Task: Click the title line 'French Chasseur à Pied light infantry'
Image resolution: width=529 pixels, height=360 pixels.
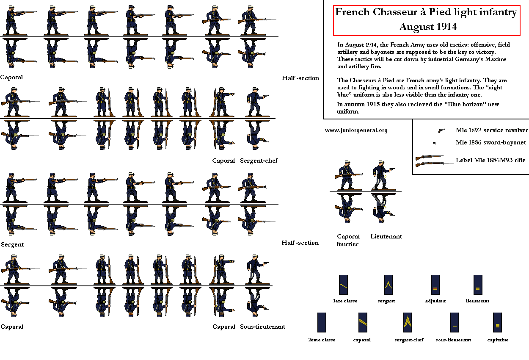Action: [426, 12]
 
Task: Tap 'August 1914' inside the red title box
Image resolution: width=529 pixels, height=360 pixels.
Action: [428, 27]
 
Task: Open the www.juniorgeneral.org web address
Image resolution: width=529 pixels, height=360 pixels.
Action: [356, 130]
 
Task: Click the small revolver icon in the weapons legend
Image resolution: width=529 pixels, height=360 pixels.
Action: [441, 130]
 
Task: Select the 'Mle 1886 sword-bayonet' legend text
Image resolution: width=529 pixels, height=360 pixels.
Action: [490, 142]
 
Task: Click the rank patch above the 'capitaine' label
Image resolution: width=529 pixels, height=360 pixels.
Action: [497, 322]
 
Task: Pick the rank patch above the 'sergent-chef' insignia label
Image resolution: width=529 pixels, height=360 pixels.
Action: [408, 322]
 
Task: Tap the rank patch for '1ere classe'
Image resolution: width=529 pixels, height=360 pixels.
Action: [343, 285]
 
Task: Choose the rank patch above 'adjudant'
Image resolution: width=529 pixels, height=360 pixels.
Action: [435, 285]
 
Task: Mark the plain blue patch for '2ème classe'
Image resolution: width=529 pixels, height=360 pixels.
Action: [322, 322]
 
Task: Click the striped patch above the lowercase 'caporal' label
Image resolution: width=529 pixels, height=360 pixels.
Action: [363, 322]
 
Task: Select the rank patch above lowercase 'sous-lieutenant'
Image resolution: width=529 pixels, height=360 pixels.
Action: [455, 322]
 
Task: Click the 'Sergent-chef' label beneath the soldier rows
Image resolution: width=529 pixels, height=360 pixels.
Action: [259, 161]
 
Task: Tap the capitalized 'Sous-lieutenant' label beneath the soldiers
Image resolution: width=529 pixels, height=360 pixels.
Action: [262, 327]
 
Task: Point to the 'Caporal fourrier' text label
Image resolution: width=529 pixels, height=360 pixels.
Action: [348, 240]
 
